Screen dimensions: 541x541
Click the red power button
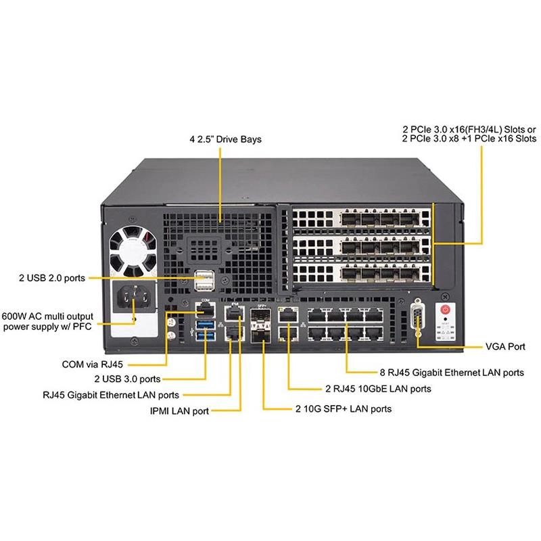pyautogui.click(x=445, y=310)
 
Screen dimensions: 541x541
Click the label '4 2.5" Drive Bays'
pyautogui.click(x=225, y=139)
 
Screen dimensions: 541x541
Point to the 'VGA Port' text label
pyautogui.click(x=505, y=346)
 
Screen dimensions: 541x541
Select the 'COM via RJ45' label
pyautogui.click(x=90, y=364)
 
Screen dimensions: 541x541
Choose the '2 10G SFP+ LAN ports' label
pyautogui.click(x=343, y=408)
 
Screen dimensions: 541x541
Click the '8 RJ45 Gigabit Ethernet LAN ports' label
pyautogui.click(x=450, y=372)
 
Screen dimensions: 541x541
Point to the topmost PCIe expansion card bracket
pyautogui.click(x=358, y=221)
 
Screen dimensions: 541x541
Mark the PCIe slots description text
pyautogui.click(x=469, y=133)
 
